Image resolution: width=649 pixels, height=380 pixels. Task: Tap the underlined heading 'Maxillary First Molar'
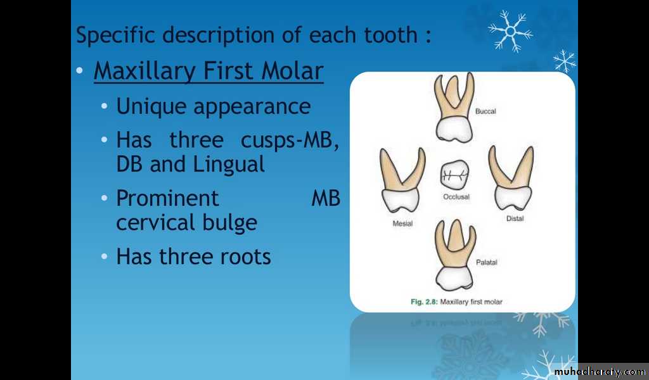click(x=209, y=71)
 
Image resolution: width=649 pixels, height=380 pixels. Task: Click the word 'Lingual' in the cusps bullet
click(x=229, y=165)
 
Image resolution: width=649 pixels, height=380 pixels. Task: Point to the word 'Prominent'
click(x=167, y=198)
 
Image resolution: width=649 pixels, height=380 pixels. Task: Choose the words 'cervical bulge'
click(x=187, y=222)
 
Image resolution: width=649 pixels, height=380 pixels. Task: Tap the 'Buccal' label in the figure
click(x=485, y=111)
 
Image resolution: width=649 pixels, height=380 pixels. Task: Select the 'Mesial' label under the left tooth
click(x=402, y=224)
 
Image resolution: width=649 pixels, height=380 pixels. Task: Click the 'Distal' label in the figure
click(x=515, y=218)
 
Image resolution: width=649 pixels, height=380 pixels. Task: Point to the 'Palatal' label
click(x=486, y=262)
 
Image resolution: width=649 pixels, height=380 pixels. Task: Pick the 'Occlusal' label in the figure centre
click(x=456, y=197)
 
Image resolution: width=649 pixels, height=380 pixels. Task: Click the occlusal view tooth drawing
click(x=454, y=174)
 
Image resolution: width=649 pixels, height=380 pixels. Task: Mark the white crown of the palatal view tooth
click(x=454, y=277)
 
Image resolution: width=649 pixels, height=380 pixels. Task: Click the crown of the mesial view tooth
click(x=400, y=200)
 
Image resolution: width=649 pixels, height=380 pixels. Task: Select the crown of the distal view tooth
click(x=512, y=198)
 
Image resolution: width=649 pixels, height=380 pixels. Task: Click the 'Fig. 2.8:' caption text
click(x=424, y=302)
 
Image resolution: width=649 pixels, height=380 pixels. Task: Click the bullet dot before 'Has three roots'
click(x=105, y=257)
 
